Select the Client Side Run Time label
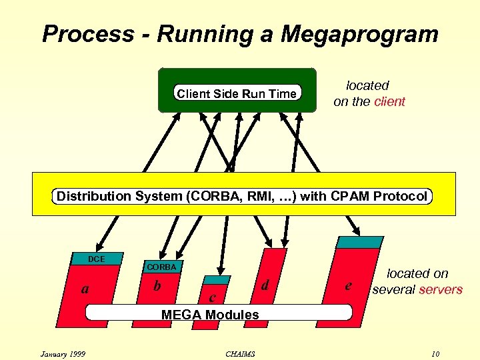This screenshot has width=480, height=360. (236, 94)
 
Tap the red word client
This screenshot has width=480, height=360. (389, 102)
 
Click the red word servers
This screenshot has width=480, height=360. (440, 289)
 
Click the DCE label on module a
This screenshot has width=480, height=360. (97, 259)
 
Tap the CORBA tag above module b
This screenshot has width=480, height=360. (162, 267)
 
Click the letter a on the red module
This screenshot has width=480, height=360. (84, 289)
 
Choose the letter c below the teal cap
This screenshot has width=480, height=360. (212, 297)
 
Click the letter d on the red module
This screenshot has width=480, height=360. (265, 285)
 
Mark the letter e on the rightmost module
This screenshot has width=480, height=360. (347, 286)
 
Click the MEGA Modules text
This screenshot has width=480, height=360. (210, 314)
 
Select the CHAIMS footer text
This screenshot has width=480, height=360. (241, 353)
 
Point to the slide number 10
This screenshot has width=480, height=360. (435, 353)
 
